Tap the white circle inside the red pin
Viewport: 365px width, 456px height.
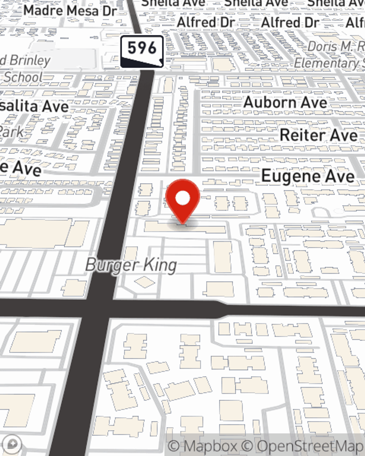[182, 198]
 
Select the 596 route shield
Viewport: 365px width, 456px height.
[142, 51]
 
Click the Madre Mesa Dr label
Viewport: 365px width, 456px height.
[70, 11]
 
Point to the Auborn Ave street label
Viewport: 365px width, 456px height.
[285, 103]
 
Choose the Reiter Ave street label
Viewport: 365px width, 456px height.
[319, 135]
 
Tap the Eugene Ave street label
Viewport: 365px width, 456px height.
[308, 177]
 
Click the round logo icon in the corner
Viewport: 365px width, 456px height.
[12, 444]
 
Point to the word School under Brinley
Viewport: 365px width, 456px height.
[23, 77]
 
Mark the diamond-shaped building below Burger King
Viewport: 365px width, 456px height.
[145, 282]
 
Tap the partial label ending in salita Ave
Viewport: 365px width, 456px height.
[35, 107]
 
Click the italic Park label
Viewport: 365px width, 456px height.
[11, 131]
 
